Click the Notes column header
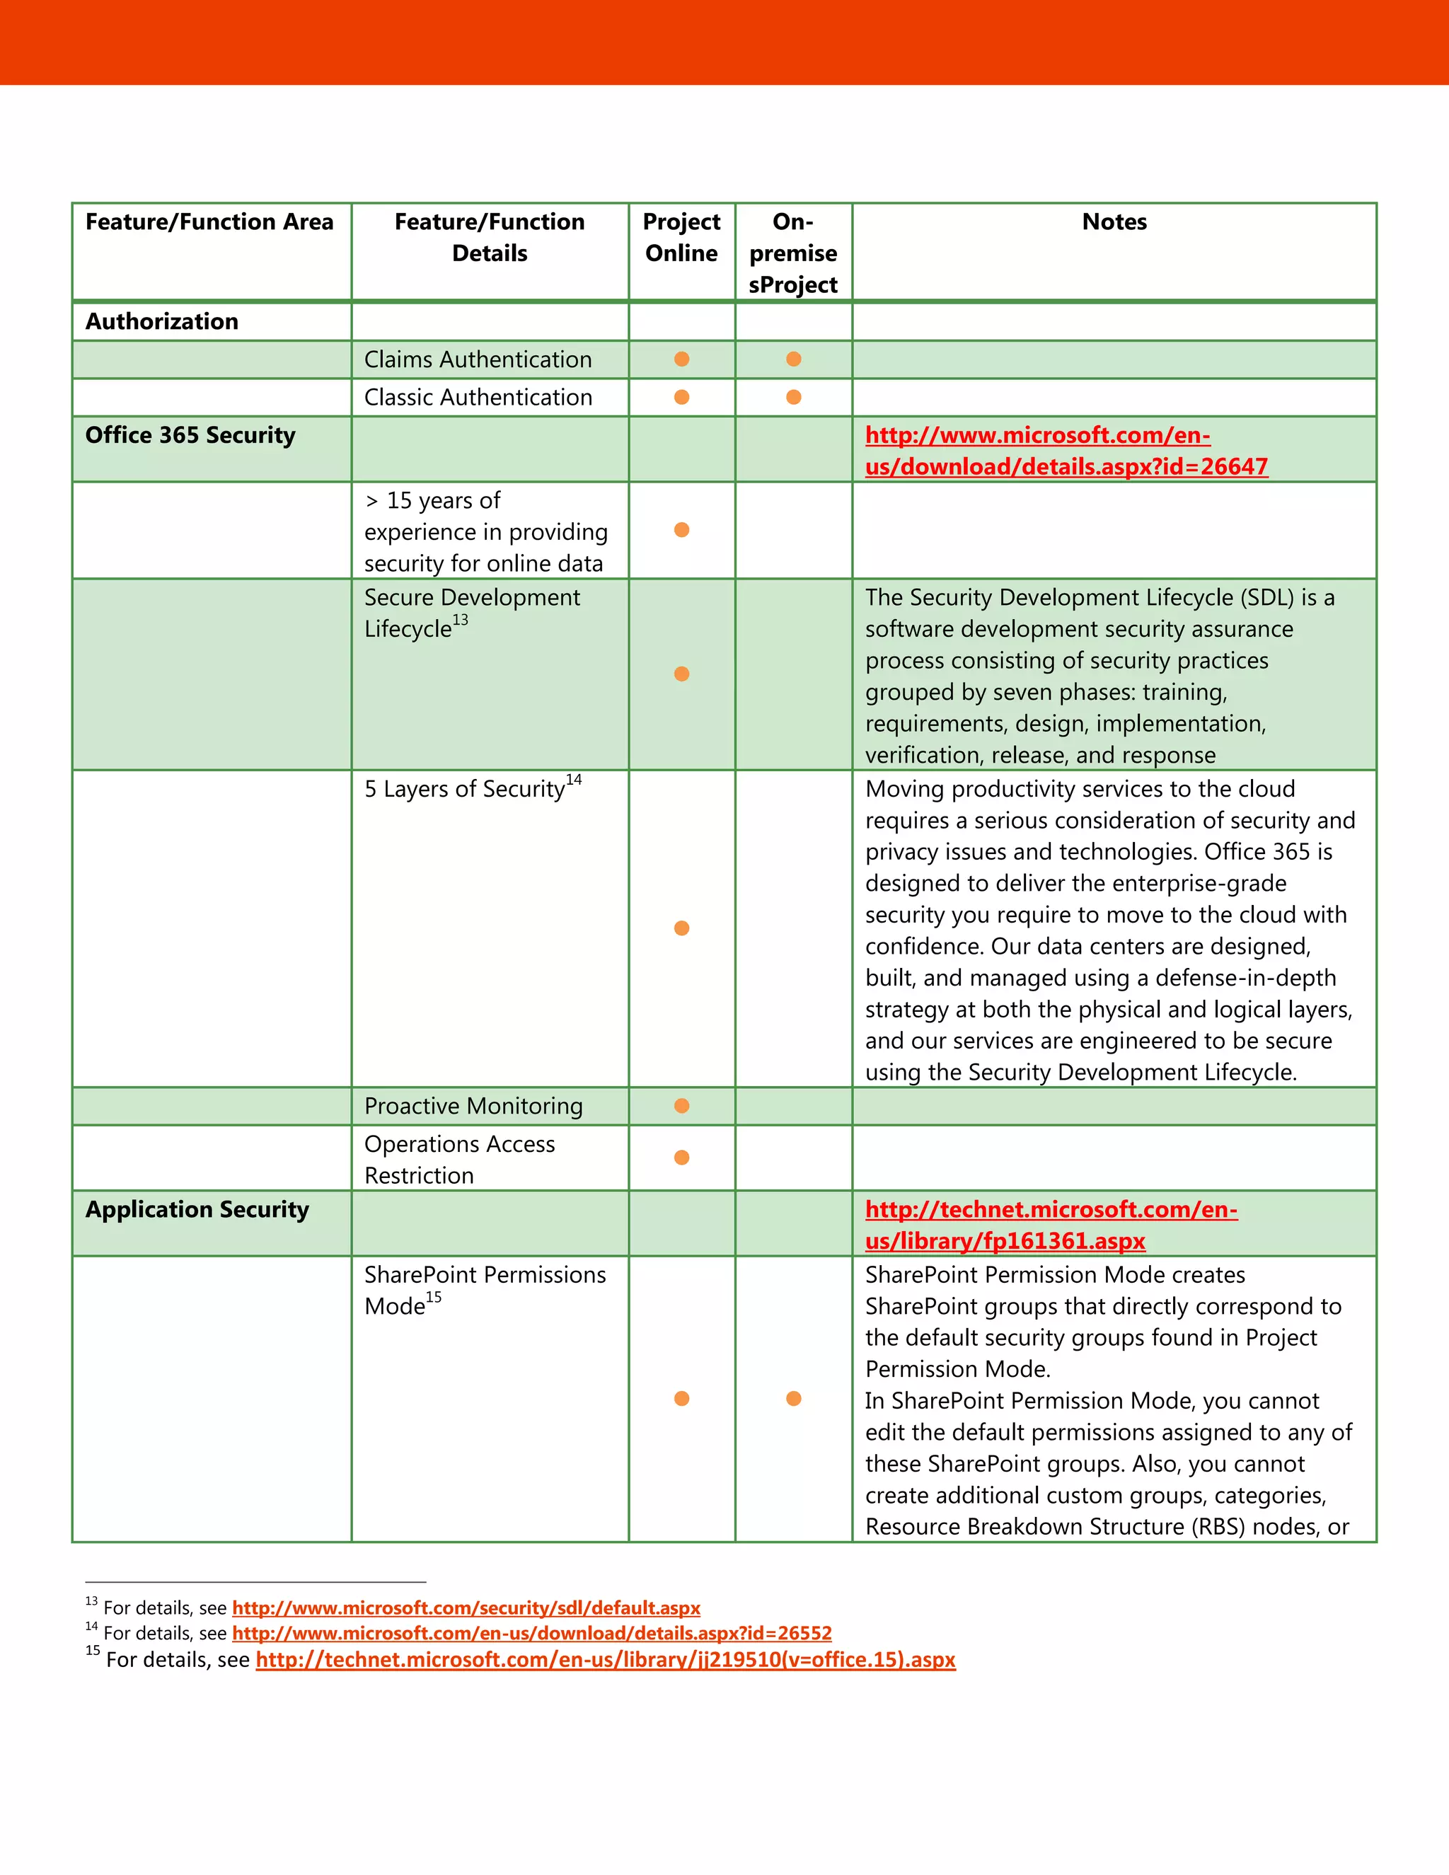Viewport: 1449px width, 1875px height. pyautogui.click(x=1114, y=222)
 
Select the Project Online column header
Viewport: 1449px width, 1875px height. pyautogui.click(x=681, y=238)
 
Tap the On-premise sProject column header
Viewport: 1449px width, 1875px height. pyautogui.click(x=792, y=253)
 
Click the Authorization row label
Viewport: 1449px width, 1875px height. pyautogui.click(x=161, y=322)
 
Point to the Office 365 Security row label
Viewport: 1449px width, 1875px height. pyautogui.click(x=190, y=435)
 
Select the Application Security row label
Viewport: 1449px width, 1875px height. pyautogui.click(x=197, y=1210)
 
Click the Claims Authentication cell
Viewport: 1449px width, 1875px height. pyautogui.click(x=478, y=359)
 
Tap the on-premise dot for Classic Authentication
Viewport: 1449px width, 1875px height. pyautogui.click(x=793, y=398)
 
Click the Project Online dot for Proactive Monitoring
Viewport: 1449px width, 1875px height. pyautogui.click(x=681, y=1106)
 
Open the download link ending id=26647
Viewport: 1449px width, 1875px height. pyautogui.click(x=1066, y=451)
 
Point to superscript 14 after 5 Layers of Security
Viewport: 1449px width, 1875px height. pyautogui.click(x=573, y=780)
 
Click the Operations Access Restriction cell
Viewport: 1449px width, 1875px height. pyautogui.click(x=459, y=1159)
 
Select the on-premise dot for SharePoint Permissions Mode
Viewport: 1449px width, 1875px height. pyautogui.click(x=793, y=1399)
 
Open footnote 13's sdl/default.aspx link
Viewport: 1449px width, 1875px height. pyautogui.click(x=466, y=1608)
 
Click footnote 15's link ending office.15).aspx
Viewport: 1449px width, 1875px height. pyautogui.click(x=605, y=1659)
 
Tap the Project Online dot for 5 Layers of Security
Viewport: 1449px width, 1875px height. pyautogui.click(x=681, y=928)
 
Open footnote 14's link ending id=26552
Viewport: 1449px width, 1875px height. pyautogui.click(x=531, y=1633)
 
